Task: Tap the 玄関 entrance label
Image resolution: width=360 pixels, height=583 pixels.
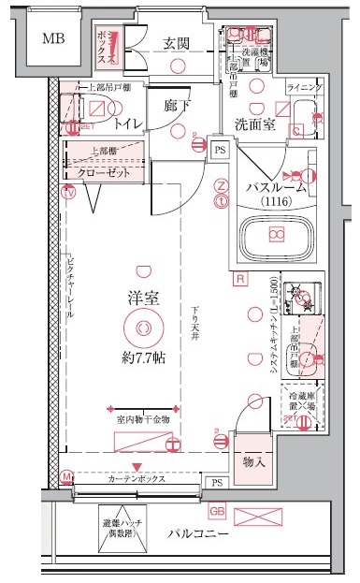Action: coord(177,42)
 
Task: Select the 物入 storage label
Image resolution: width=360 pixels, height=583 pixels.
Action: coord(254,462)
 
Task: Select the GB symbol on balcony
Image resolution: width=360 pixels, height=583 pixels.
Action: coord(217,512)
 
